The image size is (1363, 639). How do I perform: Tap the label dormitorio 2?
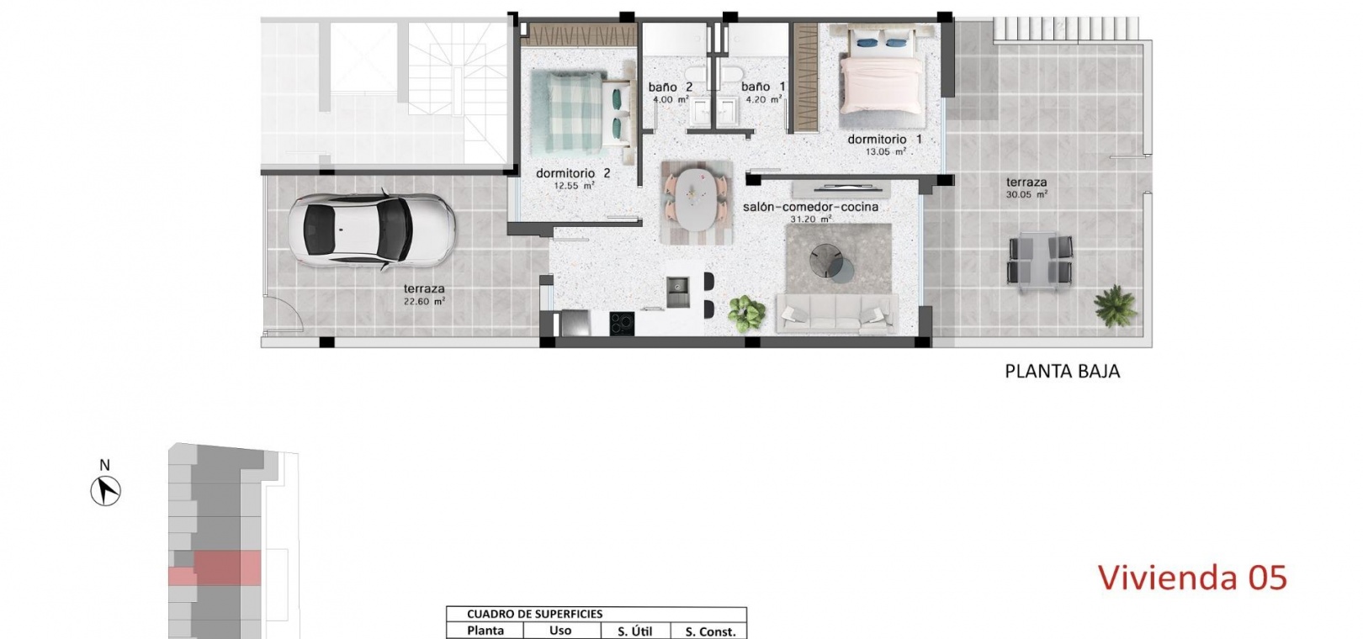[x=573, y=173]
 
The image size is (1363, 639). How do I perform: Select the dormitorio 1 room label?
[x=885, y=140]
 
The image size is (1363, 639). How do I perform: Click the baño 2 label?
[x=670, y=87]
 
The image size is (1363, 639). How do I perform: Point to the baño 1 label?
[x=763, y=87]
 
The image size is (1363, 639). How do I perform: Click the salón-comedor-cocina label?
[x=810, y=207]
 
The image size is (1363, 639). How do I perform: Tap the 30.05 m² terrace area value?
[x=1026, y=195]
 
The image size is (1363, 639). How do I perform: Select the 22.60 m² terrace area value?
[x=424, y=301]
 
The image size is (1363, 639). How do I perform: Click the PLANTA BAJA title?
[x=1062, y=372]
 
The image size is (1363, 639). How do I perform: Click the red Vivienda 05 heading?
[x=1192, y=577]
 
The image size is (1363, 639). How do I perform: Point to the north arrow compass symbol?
[x=106, y=491]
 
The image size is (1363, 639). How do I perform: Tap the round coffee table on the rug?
[x=832, y=262]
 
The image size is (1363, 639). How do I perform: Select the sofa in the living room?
[x=836, y=314]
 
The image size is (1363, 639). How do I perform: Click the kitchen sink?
[x=677, y=292]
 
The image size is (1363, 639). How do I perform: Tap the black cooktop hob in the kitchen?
[x=622, y=324]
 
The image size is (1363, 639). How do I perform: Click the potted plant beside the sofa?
[x=746, y=314]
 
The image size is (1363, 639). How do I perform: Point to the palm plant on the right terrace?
[x=1115, y=305]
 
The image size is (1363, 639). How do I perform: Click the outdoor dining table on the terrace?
[x=1041, y=261]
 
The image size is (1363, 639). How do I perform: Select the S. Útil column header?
[x=634, y=631]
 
